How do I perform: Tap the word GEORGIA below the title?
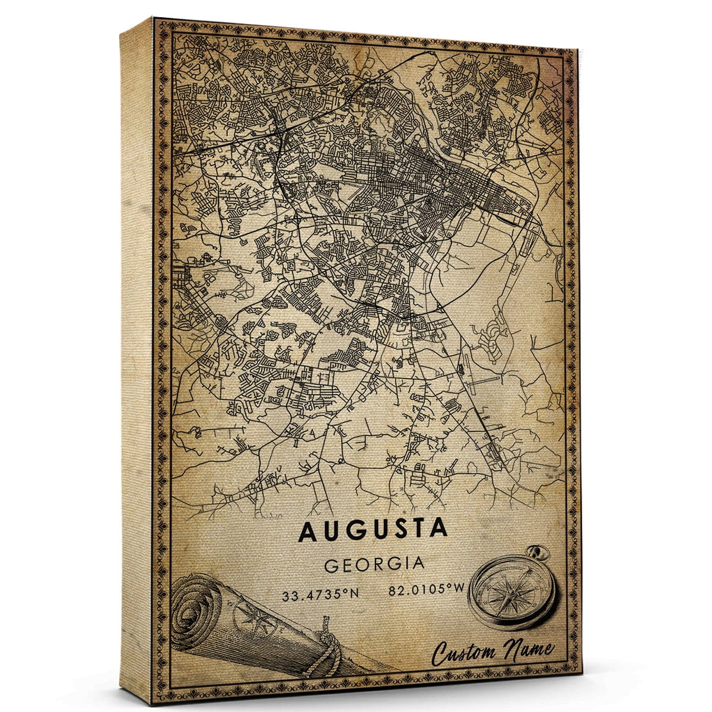coord(374,564)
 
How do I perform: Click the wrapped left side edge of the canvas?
coord(136,356)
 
